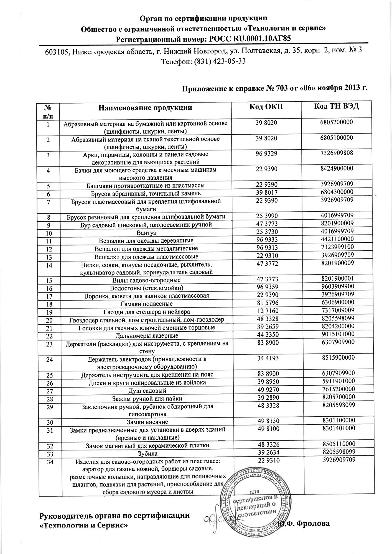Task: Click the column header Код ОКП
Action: coord(266,107)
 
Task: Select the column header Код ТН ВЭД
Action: coord(337,107)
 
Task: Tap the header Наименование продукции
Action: coord(145,107)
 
